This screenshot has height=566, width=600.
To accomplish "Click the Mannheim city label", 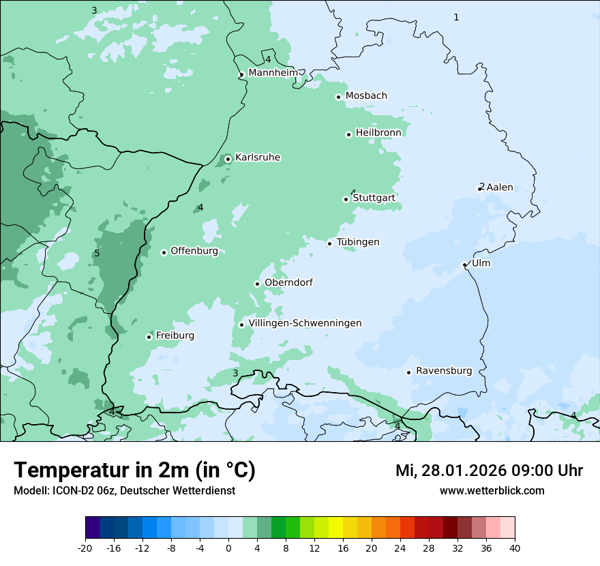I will click(x=273, y=73).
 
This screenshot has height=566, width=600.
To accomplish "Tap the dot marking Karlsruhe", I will click(x=228, y=159).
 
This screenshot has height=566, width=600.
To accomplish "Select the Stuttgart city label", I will click(x=374, y=198).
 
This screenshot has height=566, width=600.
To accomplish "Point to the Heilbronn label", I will click(x=378, y=133).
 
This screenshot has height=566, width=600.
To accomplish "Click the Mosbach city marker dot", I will click(x=338, y=97).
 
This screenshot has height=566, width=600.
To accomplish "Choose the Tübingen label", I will click(x=358, y=242).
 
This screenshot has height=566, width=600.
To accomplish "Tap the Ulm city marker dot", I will click(x=464, y=265).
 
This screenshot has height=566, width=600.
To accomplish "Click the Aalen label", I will click(x=500, y=188).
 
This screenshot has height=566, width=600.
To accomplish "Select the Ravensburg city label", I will click(x=444, y=371).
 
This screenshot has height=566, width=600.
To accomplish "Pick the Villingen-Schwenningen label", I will click(x=305, y=323).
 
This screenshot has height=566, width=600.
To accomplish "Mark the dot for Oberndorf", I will click(x=257, y=284).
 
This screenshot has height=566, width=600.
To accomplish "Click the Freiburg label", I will click(x=175, y=336).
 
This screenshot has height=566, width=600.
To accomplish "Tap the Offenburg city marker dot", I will click(x=164, y=252).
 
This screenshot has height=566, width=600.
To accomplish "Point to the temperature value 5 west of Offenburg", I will click(x=97, y=254).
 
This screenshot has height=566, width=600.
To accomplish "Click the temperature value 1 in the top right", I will click(x=457, y=17).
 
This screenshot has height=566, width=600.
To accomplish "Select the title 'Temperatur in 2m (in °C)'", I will click(x=134, y=471).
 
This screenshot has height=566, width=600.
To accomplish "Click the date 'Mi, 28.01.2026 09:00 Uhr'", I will click(x=489, y=471).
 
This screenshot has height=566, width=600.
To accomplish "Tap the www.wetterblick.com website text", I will click(x=492, y=490).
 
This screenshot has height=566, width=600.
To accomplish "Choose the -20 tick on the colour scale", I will click(x=85, y=548).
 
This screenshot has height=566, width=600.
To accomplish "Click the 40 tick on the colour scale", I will click(x=515, y=548).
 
